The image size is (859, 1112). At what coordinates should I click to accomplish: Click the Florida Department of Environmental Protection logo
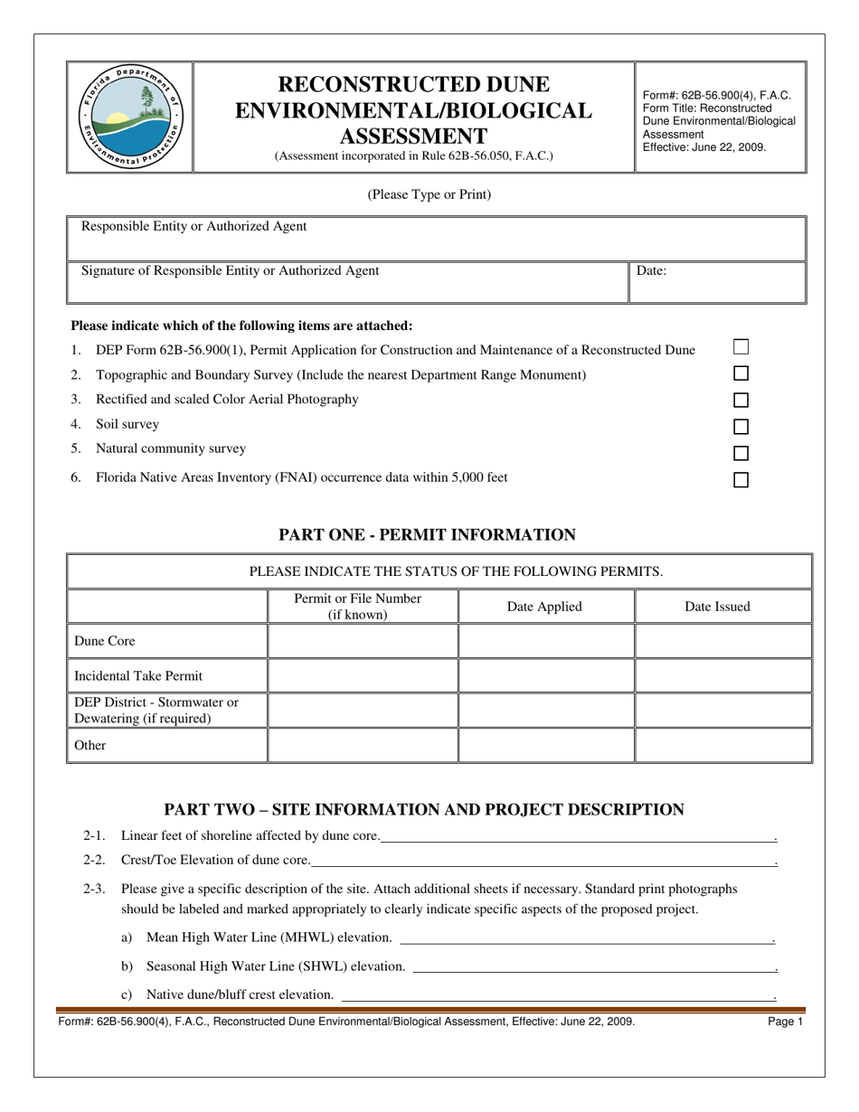(130, 118)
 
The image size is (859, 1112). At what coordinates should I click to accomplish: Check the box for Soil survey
(741, 427)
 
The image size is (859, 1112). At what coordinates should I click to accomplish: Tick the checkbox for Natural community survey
(741, 453)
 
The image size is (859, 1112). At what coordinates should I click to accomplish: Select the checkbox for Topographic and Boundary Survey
(741, 373)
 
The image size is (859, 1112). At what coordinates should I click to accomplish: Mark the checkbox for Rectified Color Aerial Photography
(741, 400)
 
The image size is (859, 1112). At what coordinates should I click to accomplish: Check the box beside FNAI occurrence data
(741, 480)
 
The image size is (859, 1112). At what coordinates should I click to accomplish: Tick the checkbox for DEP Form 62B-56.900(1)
(741, 346)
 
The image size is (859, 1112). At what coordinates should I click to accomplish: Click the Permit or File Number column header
(358, 607)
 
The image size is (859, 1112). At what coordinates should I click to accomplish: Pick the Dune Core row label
(105, 641)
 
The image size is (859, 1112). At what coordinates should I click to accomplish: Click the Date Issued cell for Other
(722, 745)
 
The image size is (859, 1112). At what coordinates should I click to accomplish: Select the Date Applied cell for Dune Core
(545, 641)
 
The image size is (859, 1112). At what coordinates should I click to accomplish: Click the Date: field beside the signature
(716, 281)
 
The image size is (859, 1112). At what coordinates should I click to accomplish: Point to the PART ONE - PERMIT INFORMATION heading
(427, 535)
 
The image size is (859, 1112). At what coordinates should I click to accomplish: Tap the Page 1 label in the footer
(785, 1022)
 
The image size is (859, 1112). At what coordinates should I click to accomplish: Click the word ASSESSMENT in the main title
(413, 137)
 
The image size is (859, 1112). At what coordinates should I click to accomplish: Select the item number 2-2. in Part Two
(94, 861)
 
